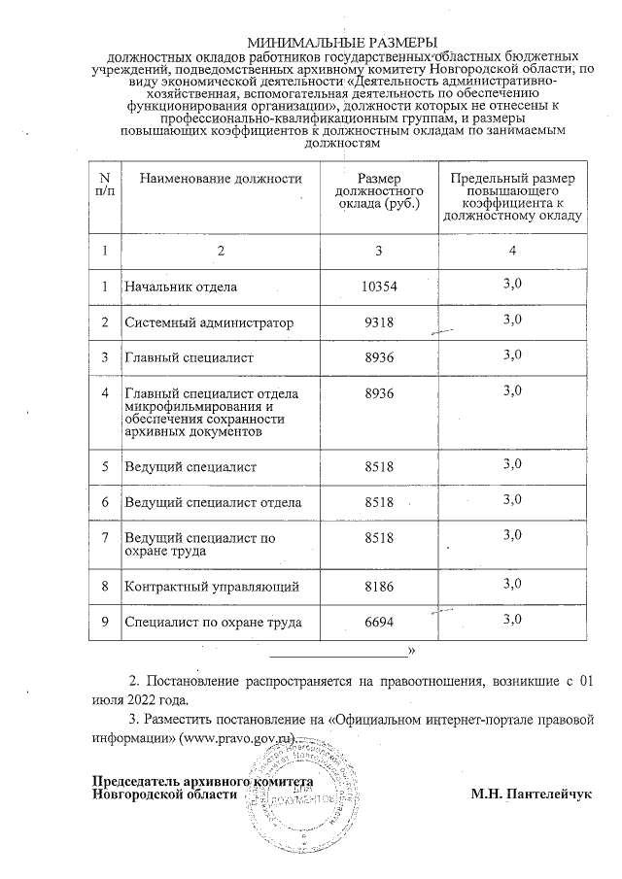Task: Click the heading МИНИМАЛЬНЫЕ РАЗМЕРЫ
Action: (x=343, y=43)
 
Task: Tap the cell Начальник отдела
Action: (x=181, y=287)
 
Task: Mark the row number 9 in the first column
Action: (x=104, y=622)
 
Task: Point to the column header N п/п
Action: (x=104, y=185)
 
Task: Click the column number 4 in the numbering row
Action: (x=513, y=251)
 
